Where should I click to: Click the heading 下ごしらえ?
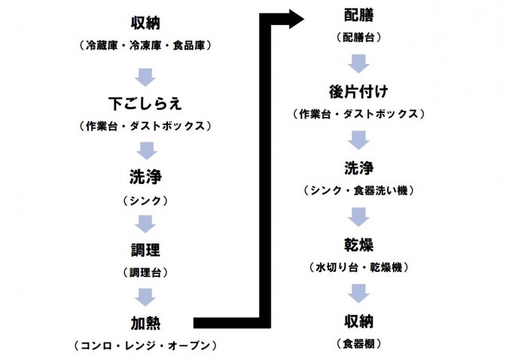click(x=145, y=104)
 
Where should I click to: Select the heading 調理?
click(x=145, y=250)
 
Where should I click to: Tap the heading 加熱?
click(x=145, y=323)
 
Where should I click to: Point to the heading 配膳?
click(x=358, y=15)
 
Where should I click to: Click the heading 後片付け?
click(x=358, y=91)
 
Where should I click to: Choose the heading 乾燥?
click(x=358, y=245)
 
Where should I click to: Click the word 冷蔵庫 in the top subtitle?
click(x=102, y=45)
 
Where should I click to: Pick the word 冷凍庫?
click(x=145, y=45)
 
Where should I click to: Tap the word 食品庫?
click(x=189, y=45)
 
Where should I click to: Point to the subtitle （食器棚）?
click(x=358, y=343)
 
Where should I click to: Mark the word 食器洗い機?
click(x=381, y=190)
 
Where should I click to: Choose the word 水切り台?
click(x=337, y=267)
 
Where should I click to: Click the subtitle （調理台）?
click(x=145, y=273)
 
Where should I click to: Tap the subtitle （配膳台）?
click(x=358, y=37)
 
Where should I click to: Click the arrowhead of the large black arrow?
click(x=296, y=19)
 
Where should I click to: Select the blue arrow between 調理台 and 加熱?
click(x=145, y=297)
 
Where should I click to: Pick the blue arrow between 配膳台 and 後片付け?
click(x=358, y=63)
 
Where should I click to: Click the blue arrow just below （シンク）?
click(x=145, y=224)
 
